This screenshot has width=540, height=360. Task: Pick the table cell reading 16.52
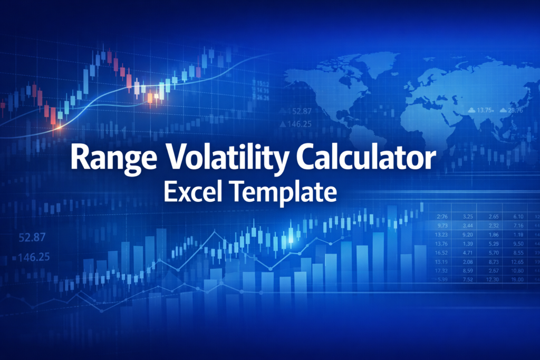(441, 252)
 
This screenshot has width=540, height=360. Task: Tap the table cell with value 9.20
(467, 235)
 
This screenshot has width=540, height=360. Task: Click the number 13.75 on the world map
(484, 110)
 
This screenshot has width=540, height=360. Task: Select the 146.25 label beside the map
(296, 124)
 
